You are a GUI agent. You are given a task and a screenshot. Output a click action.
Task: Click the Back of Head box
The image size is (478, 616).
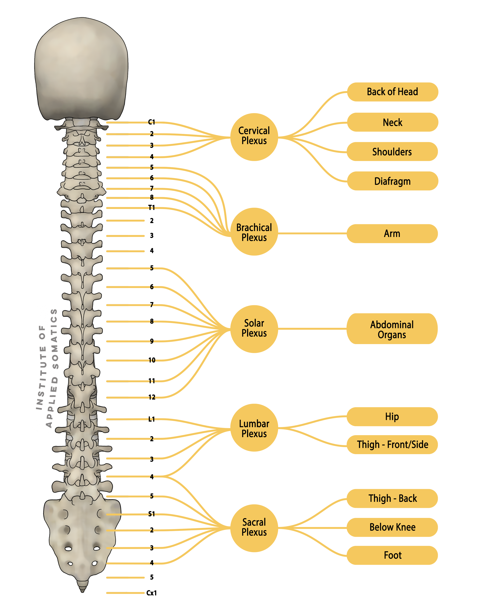click(392, 92)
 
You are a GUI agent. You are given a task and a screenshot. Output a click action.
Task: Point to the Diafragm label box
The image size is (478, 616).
click(392, 181)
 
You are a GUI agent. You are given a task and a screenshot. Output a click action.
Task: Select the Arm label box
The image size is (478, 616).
click(392, 233)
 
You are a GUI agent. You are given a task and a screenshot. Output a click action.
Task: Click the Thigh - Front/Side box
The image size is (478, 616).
click(392, 445)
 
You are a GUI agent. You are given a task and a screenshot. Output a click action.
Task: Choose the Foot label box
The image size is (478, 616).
click(392, 555)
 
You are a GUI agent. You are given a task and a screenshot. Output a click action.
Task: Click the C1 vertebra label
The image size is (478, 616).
click(152, 122)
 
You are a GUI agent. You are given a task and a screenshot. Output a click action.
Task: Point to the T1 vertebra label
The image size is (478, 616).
click(152, 208)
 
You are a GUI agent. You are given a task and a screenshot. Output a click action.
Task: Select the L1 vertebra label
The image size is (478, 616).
click(152, 419)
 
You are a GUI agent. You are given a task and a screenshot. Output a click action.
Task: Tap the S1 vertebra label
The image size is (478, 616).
click(152, 514)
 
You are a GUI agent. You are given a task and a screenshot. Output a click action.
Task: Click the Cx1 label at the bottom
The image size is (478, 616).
click(151, 593)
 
